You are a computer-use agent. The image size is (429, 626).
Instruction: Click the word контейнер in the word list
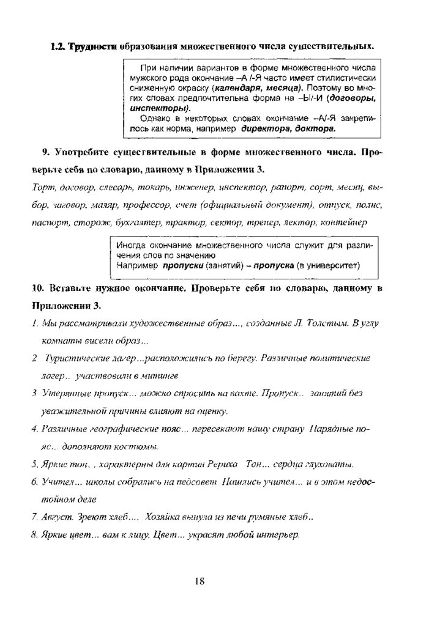click(x=345, y=223)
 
